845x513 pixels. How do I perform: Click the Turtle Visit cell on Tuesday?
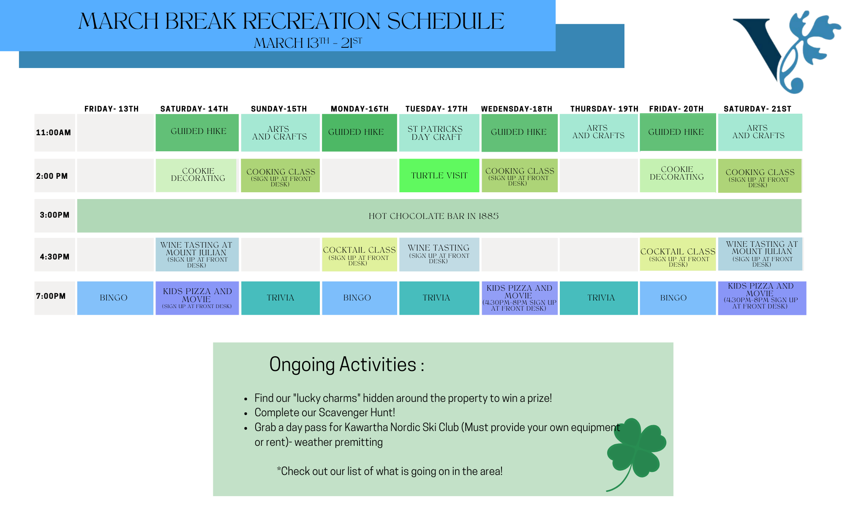439,175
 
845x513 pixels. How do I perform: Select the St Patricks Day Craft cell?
439,133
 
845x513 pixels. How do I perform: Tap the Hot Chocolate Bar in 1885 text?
433,216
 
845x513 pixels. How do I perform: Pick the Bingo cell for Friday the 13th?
115,298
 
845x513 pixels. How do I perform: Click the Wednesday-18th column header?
517,109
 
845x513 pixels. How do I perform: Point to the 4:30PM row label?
55,256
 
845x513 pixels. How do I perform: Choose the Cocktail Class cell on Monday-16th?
360,254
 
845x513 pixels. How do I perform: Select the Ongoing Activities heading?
346,364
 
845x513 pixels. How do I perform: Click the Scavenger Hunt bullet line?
324,412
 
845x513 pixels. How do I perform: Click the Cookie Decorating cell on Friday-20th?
678,175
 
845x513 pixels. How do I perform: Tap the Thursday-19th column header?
604,109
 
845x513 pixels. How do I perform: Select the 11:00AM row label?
53,133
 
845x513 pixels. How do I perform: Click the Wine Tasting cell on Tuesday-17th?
439,254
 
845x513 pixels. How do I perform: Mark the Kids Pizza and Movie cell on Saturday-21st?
762,298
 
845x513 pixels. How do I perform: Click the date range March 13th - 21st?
308,43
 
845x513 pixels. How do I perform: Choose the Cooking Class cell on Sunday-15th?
280,175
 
